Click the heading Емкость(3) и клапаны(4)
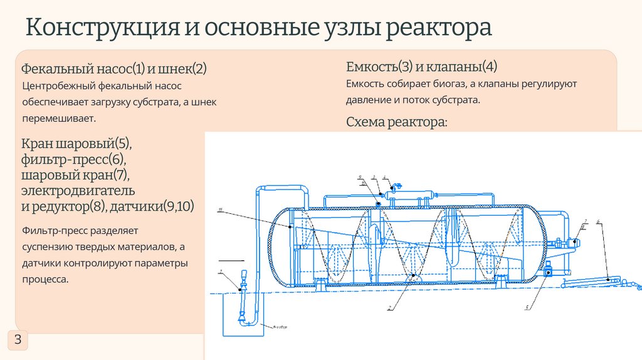421,66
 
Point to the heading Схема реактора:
397,122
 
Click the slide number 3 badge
18,341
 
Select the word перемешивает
60,118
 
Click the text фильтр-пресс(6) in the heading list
74,159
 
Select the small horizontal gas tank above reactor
408,195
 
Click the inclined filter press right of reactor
589,282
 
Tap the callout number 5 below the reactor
528,308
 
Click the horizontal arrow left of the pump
229,259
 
